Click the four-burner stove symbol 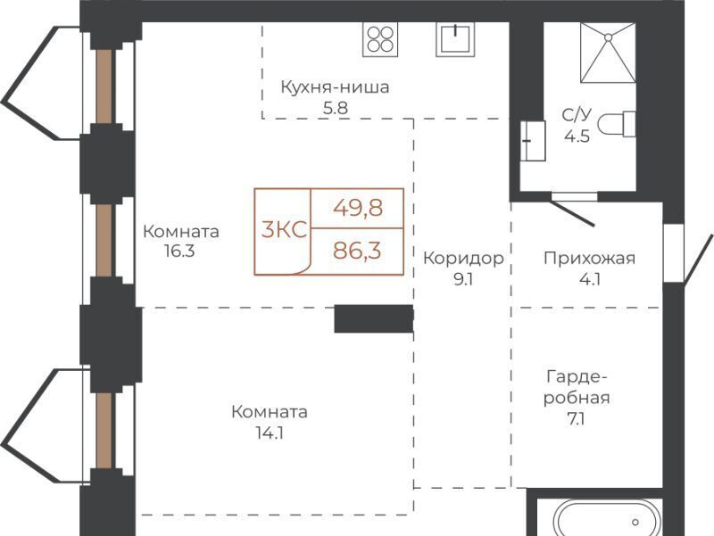point(380,39)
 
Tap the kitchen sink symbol point(455,39)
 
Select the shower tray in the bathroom point(608,53)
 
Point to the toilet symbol point(617,123)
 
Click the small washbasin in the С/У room point(533,141)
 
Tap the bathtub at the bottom point(601,519)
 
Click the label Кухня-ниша point(335,87)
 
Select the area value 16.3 point(180,251)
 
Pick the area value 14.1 point(270,433)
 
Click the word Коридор point(463,259)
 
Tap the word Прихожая point(589,259)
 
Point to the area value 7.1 point(576,418)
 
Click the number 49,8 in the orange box point(358,209)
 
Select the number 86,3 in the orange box point(357,251)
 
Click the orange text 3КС point(284,230)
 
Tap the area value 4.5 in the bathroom point(577,136)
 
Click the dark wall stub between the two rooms point(374,319)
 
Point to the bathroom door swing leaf point(573,212)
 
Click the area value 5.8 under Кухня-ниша point(336,108)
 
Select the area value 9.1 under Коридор point(463,279)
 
